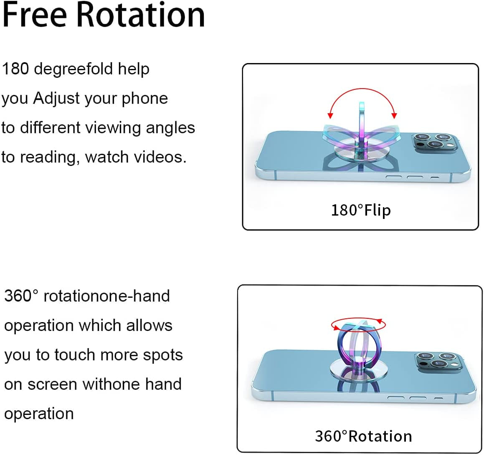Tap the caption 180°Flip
[361, 210]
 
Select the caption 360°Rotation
[363, 436]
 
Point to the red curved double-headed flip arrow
[362, 93]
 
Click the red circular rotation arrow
[358, 324]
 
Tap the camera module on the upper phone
[432, 142]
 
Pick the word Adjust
[56, 99]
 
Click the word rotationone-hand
[106, 296]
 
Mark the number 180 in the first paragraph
[15, 69]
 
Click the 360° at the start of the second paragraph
[21, 296]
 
